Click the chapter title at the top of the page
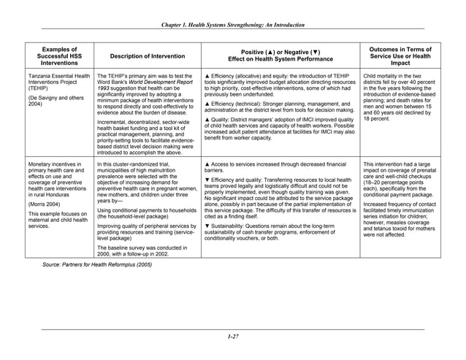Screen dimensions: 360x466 pos(232,24)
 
